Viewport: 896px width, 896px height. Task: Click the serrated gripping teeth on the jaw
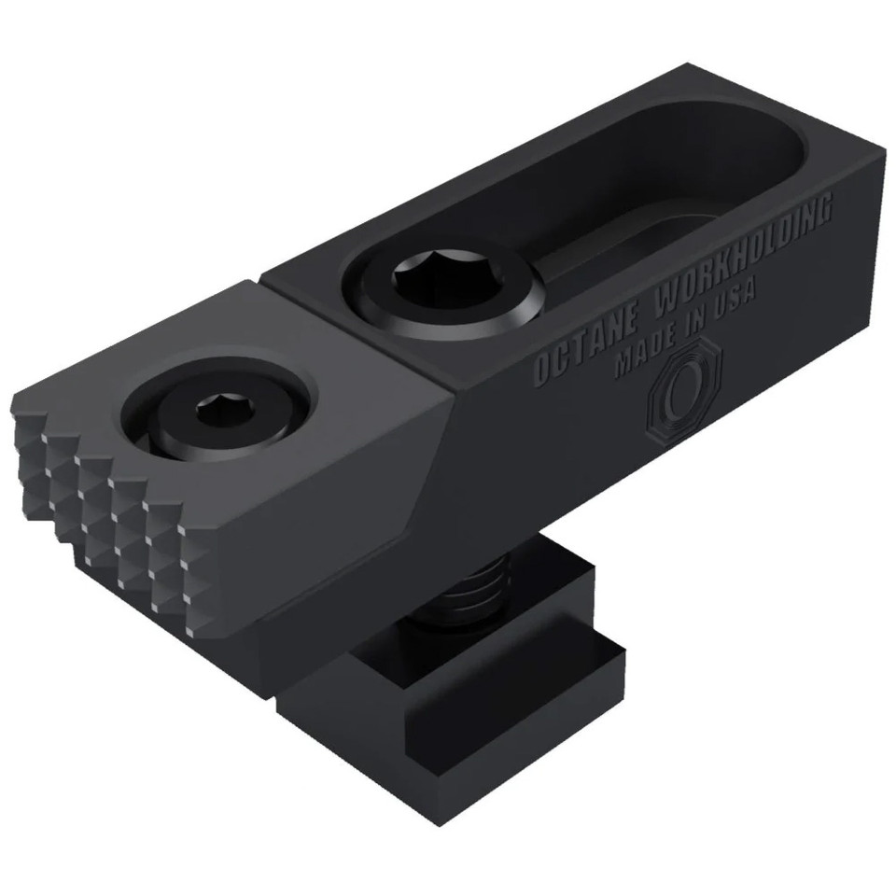pos(112,504)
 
